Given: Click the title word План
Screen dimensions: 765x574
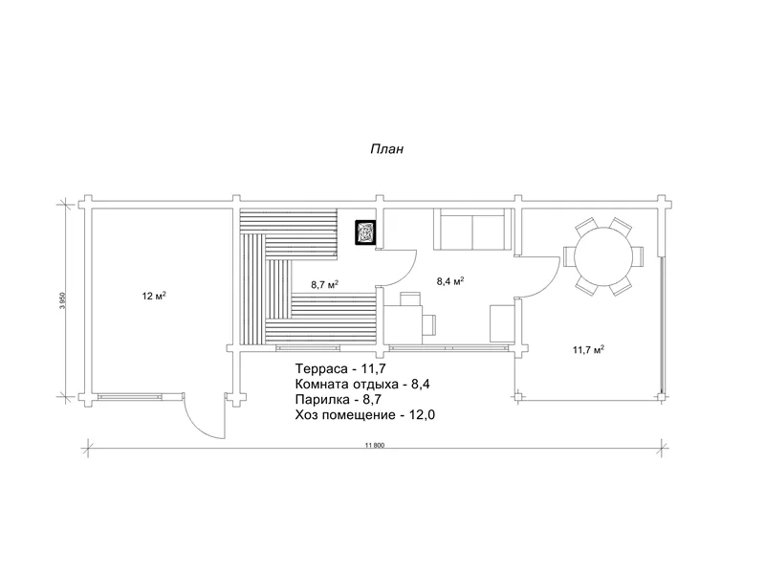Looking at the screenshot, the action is pyautogui.click(x=387, y=148).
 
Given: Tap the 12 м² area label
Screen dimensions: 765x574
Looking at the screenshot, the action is pyautogui.click(x=154, y=296).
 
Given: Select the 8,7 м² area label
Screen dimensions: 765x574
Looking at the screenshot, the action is pyautogui.click(x=325, y=284).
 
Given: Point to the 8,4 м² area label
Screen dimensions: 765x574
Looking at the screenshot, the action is pyautogui.click(x=449, y=281).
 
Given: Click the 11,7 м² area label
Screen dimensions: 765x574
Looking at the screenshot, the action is pyautogui.click(x=588, y=349).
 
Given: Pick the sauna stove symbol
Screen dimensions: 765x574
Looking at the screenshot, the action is pyautogui.click(x=365, y=232).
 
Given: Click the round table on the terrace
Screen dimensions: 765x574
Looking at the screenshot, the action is pyautogui.click(x=603, y=256).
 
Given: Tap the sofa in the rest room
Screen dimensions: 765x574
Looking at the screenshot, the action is pyautogui.click(x=472, y=229).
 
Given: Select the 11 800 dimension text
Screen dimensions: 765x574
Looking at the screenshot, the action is pyautogui.click(x=375, y=445).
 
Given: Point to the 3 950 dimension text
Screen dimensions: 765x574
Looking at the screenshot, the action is pyautogui.click(x=62, y=300).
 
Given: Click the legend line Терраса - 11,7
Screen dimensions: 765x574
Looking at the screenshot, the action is pyautogui.click(x=338, y=368).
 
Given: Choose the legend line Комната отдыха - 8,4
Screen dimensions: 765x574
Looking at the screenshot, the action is pyautogui.click(x=362, y=384).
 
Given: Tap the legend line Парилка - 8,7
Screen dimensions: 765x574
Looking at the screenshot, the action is pyautogui.click(x=339, y=399).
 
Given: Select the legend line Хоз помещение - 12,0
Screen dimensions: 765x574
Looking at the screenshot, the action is pyautogui.click(x=365, y=415).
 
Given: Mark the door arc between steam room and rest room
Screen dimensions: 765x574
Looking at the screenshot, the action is pyautogui.click(x=409, y=271).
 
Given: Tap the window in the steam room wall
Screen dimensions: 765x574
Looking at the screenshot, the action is pyautogui.click(x=308, y=348).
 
